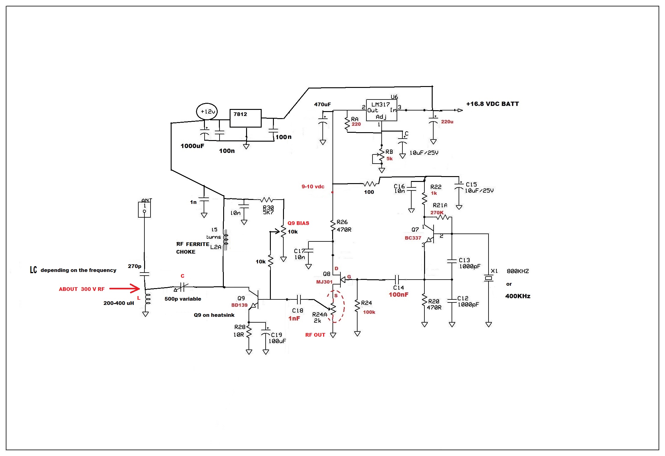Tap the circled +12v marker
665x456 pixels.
[x=207, y=111]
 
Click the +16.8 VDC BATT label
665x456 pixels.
[x=492, y=104]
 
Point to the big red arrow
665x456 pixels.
[x=125, y=288]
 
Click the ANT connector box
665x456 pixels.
[x=144, y=210]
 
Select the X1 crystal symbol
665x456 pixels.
[x=489, y=278]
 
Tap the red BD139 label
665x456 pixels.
[x=239, y=305]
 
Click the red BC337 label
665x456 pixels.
[x=413, y=238]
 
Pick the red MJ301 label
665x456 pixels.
[x=324, y=282]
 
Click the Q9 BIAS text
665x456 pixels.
[x=298, y=223]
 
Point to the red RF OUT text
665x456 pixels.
[x=315, y=335]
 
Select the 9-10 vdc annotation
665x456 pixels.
[x=313, y=186]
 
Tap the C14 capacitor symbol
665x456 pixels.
[x=397, y=279]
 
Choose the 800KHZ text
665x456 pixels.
[x=518, y=271]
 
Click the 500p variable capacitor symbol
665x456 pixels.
[x=182, y=288]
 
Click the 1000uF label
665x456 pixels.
[x=192, y=146]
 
